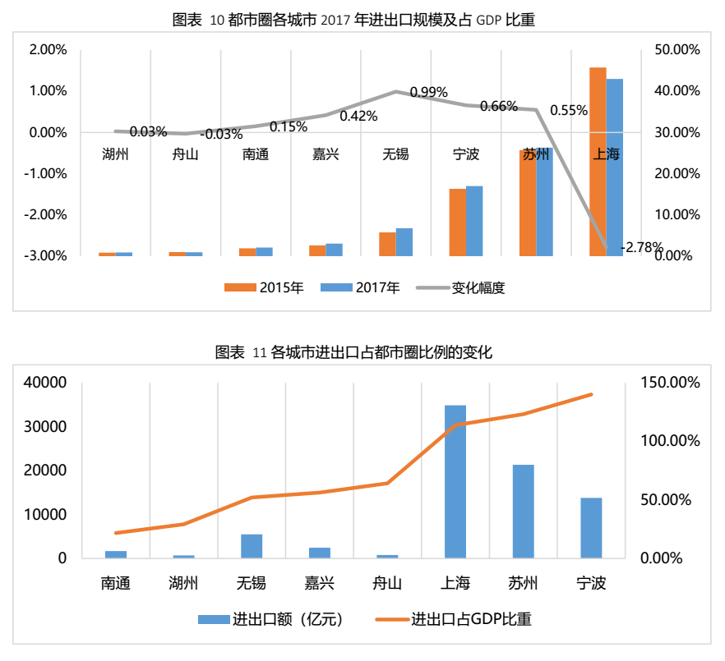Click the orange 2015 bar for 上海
tap(598, 161)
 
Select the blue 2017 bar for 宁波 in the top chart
tap(474, 220)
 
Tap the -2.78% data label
tap(642, 246)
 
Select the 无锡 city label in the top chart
tap(396, 154)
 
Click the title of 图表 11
tap(353, 353)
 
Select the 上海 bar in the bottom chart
tap(455, 481)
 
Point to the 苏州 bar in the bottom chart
tap(524, 511)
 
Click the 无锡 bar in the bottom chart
tap(252, 545)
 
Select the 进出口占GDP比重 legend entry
tap(460, 620)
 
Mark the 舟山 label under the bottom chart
tap(387, 584)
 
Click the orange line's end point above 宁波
tap(591, 394)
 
